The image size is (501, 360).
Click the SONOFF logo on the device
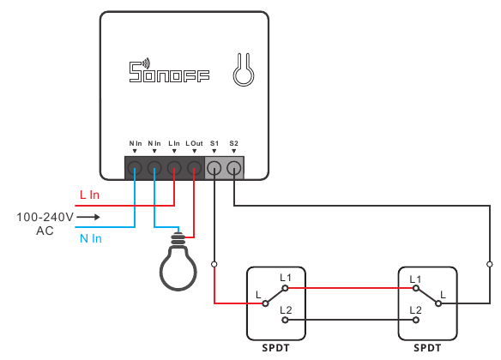click(x=170, y=71)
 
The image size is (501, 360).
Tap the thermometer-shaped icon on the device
click(x=243, y=71)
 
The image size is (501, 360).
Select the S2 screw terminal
click(x=234, y=168)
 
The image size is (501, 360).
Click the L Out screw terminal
click(x=194, y=168)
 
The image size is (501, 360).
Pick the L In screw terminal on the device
click(x=174, y=168)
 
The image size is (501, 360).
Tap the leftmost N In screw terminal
click(x=136, y=168)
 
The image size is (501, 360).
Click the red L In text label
click(x=89, y=195)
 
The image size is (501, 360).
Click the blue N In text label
click(x=90, y=238)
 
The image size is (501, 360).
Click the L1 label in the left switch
click(x=286, y=279)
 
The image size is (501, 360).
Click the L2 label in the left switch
click(x=286, y=309)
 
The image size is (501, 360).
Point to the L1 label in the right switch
click(x=416, y=279)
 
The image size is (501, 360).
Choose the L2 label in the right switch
click(x=416, y=309)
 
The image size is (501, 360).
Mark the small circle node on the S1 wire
click(x=214, y=264)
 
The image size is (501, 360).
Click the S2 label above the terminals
click(x=234, y=143)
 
